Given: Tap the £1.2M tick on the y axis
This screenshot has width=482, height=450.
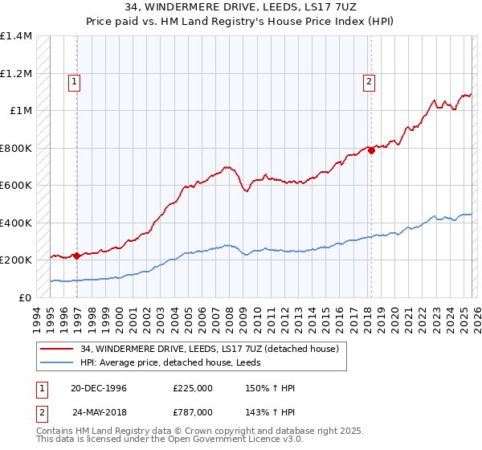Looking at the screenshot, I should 15,73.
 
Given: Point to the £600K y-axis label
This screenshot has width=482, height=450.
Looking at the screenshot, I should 15,185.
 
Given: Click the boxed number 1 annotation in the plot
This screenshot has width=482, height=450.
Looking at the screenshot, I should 74,80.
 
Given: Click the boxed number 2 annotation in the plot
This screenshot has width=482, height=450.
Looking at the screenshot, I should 368,80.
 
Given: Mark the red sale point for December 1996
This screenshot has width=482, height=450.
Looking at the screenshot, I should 76,256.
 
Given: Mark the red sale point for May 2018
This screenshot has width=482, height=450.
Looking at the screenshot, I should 372,150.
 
